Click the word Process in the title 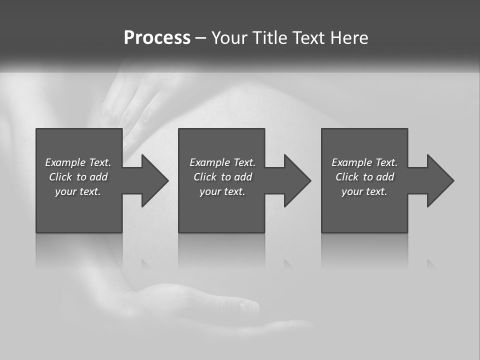(157, 38)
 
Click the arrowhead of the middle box (296, 180)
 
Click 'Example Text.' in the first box (78, 162)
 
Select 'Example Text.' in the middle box (222, 162)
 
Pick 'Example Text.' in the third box (364, 162)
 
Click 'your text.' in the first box (78, 191)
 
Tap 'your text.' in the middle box (222, 191)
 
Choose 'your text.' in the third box (364, 191)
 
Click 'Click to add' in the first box (78, 177)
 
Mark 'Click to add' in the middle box (222, 177)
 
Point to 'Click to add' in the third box (364, 177)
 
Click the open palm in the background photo (200, 305)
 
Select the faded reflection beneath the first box (79, 250)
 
